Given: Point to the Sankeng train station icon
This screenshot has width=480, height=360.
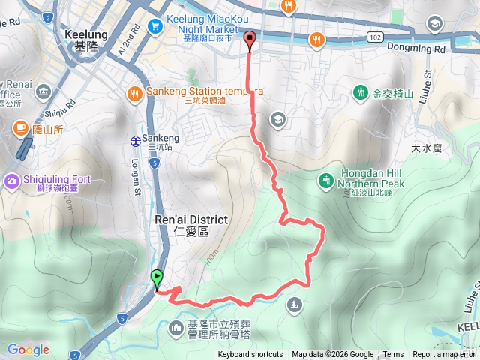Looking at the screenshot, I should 135,139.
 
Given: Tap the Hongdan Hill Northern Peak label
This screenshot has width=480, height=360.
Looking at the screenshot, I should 370,179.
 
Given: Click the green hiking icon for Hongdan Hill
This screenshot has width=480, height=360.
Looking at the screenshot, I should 326,180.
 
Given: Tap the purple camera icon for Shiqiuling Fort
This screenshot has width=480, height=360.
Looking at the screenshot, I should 13,180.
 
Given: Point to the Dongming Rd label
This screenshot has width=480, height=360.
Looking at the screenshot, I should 416,49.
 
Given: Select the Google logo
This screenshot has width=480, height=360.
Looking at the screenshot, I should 28,349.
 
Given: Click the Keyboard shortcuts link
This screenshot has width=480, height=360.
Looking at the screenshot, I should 250,355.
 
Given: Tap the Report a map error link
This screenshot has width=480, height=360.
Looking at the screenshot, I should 444,355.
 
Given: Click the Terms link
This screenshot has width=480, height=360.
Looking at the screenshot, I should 393,355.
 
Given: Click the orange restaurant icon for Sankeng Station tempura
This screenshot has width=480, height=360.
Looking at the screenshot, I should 135,94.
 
